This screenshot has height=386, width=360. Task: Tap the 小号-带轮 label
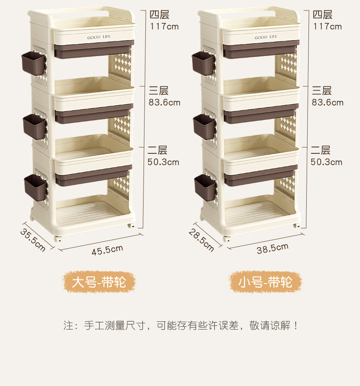[x=265, y=282]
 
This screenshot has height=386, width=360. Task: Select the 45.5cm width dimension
[x=107, y=249]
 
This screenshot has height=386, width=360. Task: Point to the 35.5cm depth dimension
[x=33, y=239]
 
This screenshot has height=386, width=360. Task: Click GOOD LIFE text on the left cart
[x=99, y=37]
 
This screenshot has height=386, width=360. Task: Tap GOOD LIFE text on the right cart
[x=266, y=37]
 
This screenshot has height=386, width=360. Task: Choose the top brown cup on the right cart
[x=203, y=63]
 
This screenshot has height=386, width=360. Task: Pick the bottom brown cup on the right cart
[x=205, y=187]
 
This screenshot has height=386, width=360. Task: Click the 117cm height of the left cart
[x=165, y=26]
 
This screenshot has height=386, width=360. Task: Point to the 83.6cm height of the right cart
[x=328, y=102]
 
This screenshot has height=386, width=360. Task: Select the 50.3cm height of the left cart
[x=164, y=162]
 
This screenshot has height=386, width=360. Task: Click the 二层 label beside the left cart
[x=158, y=150]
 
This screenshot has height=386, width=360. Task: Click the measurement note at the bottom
[x=181, y=326]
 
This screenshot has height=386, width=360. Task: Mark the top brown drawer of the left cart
[x=94, y=50]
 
